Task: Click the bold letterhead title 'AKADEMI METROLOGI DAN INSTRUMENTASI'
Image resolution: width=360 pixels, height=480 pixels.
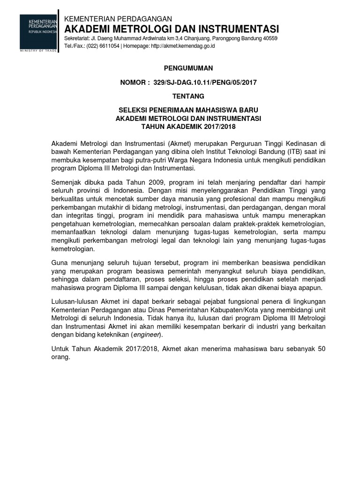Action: click(171, 28)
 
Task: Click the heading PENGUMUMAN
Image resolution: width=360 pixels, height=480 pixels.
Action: click(188, 68)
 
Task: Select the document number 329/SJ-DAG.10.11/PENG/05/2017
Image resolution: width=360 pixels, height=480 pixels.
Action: click(202, 82)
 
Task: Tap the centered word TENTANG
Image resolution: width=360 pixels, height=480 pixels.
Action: click(188, 97)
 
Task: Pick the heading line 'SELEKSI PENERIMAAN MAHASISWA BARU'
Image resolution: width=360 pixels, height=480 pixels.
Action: click(188, 111)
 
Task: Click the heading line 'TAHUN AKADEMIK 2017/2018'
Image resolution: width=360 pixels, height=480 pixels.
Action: click(188, 127)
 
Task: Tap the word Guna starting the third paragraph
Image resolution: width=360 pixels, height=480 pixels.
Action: click(60, 263)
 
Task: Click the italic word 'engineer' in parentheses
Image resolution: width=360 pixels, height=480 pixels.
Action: click(146, 334)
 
